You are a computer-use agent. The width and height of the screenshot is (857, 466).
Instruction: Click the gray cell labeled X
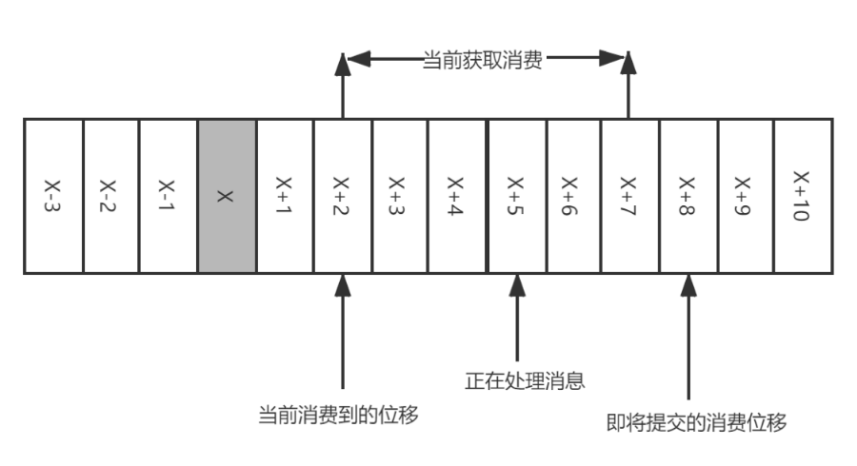(x=227, y=197)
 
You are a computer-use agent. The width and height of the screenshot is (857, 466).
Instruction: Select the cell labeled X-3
(x=53, y=197)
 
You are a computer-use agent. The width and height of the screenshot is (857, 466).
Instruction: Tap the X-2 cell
(x=110, y=197)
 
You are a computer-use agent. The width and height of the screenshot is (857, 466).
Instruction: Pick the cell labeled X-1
(x=169, y=197)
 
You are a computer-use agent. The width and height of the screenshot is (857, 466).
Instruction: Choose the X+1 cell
(x=285, y=197)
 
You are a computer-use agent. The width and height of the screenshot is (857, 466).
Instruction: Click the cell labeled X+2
(x=343, y=197)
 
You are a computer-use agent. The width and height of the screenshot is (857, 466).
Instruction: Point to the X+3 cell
(x=400, y=197)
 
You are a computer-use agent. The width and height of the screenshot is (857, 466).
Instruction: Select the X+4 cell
(x=457, y=197)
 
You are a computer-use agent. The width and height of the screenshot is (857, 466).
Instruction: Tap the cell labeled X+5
(x=516, y=197)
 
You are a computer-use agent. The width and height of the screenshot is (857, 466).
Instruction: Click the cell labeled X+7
(x=629, y=197)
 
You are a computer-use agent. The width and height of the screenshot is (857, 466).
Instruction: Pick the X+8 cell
(x=687, y=197)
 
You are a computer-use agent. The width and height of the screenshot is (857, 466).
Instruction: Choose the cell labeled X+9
(x=745, y=197)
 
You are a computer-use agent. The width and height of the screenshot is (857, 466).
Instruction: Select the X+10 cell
(x=803, y=197)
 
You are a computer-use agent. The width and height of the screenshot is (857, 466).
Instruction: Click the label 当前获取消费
(x=484, y=61)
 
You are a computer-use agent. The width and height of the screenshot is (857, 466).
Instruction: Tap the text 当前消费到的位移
(x=339, y=416)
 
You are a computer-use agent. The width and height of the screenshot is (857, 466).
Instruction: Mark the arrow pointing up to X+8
(x=688, y=333)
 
